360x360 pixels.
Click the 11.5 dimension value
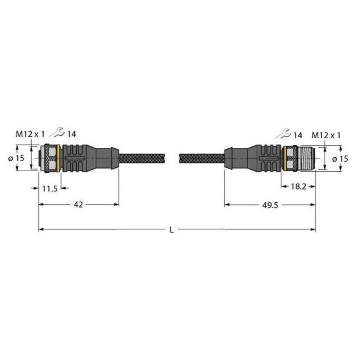pos(49,189)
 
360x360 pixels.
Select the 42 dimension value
pos(78,204)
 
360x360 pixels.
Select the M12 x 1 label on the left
pos(30,134)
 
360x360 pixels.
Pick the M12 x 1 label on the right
pos(326,135)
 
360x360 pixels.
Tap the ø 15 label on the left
pos(19,158)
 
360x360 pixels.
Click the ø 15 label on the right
pos(339,158)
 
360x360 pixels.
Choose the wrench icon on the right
pos(283,134)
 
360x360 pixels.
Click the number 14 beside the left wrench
pos(71,134)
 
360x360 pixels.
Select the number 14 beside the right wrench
pos(297,135)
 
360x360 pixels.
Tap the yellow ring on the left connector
pos(59,158)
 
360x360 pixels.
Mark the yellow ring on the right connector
pos(285,158)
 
